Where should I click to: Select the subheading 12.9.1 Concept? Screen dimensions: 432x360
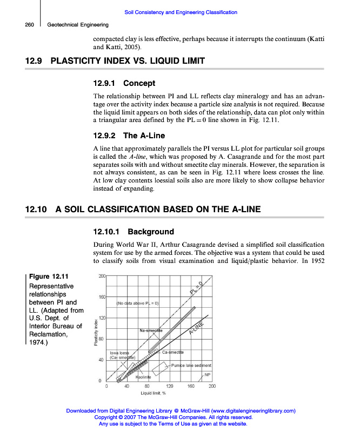click(124, 84)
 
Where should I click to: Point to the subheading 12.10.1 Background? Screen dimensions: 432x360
click(134, 232)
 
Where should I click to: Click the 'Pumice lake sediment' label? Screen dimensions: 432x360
click(190, 366)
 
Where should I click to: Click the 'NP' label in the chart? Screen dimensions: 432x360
click(206, 374)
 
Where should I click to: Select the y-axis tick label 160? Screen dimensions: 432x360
click(102, 297)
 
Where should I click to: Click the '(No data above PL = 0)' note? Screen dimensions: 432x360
click(137, 303)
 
